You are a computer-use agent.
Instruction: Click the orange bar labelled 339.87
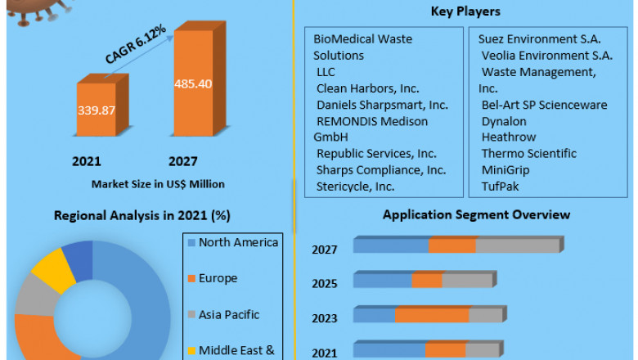[x=97, y=109]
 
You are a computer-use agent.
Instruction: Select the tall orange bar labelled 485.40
[x=193, y=83]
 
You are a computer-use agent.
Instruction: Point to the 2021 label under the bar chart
[x=88, y=161]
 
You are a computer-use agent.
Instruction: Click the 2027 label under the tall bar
[x=183, y=161]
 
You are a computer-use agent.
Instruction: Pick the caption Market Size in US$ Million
[x=158, y=184]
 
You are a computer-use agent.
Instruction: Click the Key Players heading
[x=465, y=11]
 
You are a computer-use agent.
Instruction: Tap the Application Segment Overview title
[x=477, y=214]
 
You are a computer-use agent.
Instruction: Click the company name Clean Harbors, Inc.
[x=369, y=88]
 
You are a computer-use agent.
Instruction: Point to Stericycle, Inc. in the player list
[x=356, y=187]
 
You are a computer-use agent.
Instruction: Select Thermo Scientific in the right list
[x=528, y=154]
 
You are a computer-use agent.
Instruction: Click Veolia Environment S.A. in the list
[x=546, y=56]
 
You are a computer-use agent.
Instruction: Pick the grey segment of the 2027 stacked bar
[x=517, y=245]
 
